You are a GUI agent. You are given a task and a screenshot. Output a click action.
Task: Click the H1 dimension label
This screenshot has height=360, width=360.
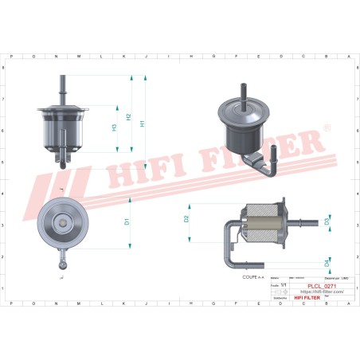[x=143, y=123]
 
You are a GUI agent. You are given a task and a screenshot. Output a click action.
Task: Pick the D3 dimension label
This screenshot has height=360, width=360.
[x=327, y=222]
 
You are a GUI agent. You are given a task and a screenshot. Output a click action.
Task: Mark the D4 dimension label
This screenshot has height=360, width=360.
[x=327, y=262]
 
